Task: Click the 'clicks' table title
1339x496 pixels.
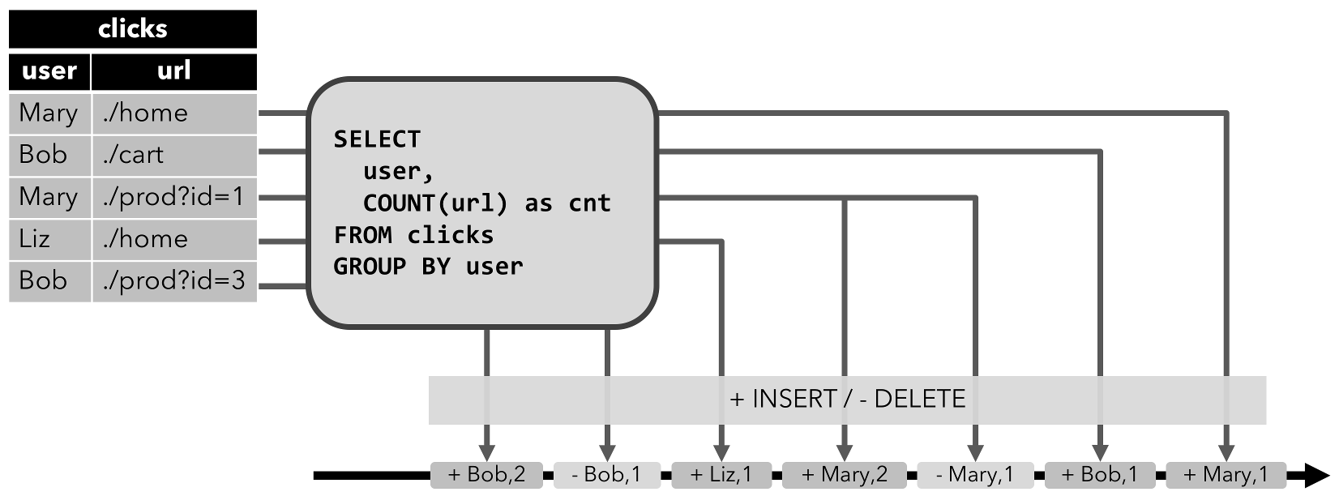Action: click(x=132, y=29)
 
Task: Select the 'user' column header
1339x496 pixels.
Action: click(x=49, y=71)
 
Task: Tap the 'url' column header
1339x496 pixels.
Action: click(x=173, y=71)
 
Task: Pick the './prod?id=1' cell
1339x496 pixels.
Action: click(x=173, y=197)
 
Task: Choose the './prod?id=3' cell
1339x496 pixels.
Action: click(x=173, y=280)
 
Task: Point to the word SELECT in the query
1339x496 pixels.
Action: click(x=377, y=139)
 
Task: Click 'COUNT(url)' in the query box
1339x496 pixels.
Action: click(x=435, y=203)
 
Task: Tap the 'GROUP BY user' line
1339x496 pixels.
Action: click(x=428, y=266)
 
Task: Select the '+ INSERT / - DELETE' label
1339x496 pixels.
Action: click(x=847, y=400)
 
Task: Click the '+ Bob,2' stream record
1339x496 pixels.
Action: click(x=486, y=475)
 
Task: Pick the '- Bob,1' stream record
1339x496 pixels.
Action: click(x=606, y=475)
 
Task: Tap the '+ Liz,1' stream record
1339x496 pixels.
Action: click(x=721, y=475)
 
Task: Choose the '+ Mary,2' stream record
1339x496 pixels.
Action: click(x=844, y=475)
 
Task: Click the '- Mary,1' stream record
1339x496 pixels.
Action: click(x=975, y=475)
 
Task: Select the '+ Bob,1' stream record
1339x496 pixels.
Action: click(x=1099, y=475)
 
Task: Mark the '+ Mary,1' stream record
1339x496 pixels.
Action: click(x=1226, y=475)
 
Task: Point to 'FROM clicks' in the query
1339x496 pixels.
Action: click(x=413, y=235)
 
